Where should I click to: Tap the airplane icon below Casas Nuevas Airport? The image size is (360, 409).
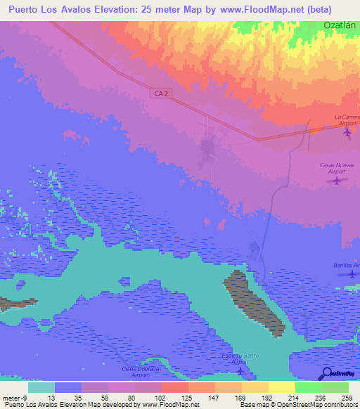[337, 182]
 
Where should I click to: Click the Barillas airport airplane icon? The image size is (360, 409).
[352, 274]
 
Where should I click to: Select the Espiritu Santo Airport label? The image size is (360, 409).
[240, 358]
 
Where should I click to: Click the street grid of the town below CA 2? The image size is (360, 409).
[209, 148]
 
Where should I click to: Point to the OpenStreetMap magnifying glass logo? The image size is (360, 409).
[326, 373]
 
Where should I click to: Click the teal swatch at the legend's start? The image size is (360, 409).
[41, 387]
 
